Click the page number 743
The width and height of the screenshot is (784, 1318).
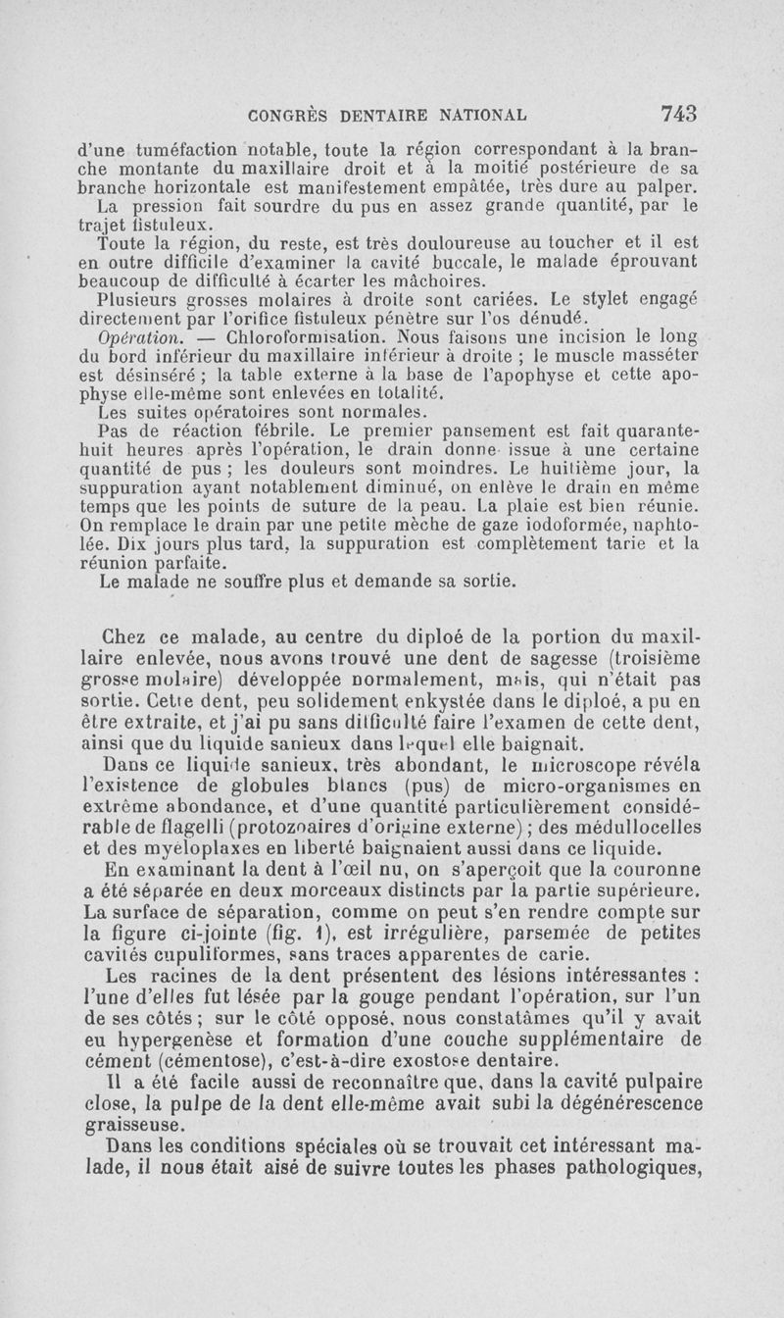pyautogui.click(x=677, y=113)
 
